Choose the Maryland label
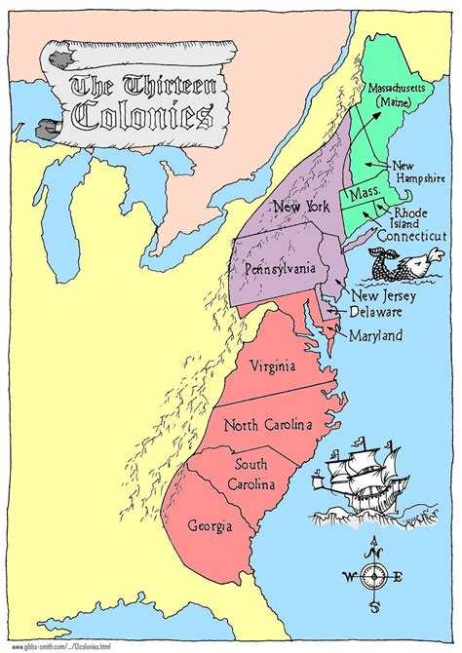[379, 336]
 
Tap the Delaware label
[377, 313]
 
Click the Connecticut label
[411, 236]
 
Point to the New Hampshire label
[417, 173]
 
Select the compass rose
[375, 574]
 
